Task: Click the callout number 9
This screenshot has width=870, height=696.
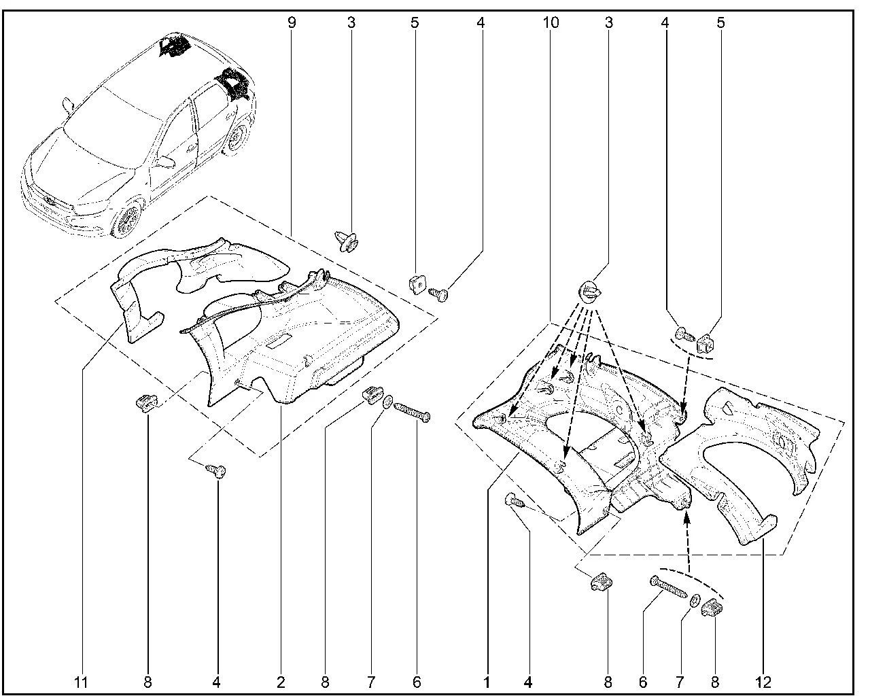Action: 292,22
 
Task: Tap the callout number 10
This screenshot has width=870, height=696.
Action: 551,22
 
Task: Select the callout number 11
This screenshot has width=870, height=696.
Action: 81,682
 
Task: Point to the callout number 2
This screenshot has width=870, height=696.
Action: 281,682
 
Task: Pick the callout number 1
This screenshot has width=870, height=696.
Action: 487,682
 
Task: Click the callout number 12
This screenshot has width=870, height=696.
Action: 763,682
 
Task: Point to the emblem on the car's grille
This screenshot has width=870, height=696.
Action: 50,200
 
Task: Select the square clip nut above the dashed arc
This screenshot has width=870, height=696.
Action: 705,342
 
